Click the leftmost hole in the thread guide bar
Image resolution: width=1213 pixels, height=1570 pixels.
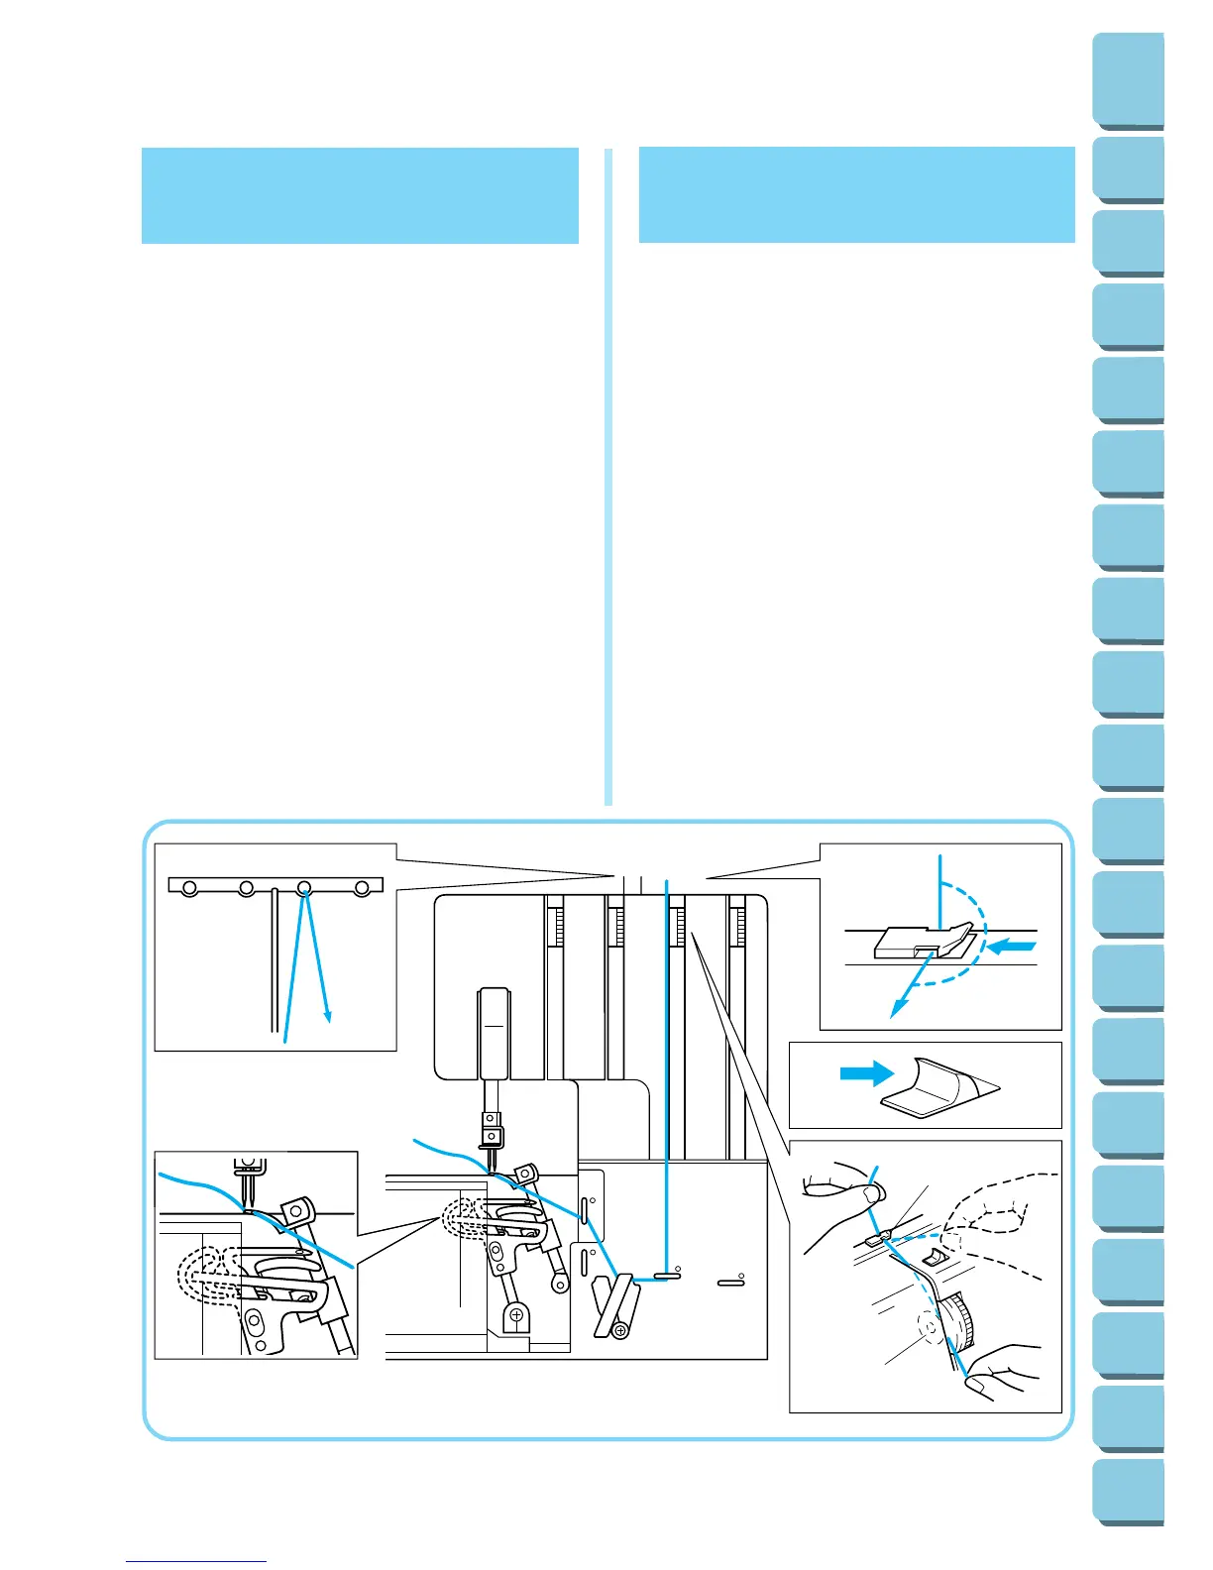click(x=188, y=888)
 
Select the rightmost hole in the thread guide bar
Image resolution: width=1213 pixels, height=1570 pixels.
click(x=362, y=888)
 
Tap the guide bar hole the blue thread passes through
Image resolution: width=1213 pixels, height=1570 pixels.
click(x=304, y=888)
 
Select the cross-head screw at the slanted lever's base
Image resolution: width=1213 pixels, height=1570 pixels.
click(x=620, y=1328)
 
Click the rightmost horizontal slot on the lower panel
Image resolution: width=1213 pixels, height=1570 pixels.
click(x=730, y=1284)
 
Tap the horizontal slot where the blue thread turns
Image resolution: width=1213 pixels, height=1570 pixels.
click(x=666, y=1278)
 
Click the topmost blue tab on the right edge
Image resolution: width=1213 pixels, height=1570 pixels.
click(x=1130, y=80)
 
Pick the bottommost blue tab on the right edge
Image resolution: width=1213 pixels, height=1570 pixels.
click(x=1130, y=1493)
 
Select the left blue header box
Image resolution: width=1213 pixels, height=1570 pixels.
click(x=360, y=195)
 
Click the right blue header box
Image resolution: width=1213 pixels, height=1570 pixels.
click(x=856, y=195)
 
